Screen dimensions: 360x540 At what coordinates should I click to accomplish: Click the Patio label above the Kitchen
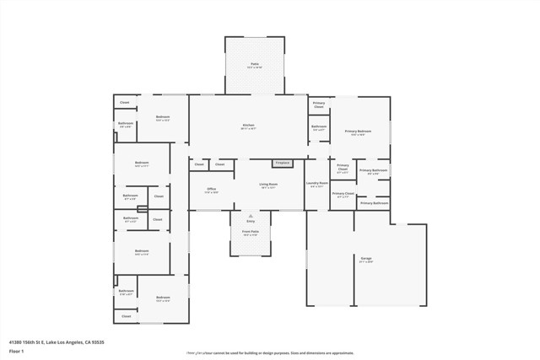tap(254, 63)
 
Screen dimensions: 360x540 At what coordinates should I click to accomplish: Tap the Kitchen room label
tap(248, 125)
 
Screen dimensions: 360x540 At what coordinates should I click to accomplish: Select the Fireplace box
tap(282, 163)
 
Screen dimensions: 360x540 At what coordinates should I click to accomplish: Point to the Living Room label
tap(269, 183)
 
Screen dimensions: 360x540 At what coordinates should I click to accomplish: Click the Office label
tap(211, 189)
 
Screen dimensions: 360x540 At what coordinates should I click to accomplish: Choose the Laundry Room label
tap(317, 183)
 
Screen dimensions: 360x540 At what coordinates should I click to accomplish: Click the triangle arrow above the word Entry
tap(251, 216)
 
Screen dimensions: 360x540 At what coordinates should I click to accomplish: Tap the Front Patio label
tap(251, 231)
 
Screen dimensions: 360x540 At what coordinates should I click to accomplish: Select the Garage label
tap(366, 258)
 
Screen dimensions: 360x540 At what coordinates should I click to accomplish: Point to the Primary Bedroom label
tap(358, 132)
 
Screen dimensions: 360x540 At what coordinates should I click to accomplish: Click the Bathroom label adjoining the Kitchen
tap(319, 126)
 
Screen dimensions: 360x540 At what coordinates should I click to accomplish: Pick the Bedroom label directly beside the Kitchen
tap(163, 117)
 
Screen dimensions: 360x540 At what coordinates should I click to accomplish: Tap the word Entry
tap(251, 221)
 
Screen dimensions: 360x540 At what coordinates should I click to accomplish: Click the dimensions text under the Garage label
tap(366, 262)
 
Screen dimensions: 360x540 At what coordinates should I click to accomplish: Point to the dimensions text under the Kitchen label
tap(248, 129)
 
